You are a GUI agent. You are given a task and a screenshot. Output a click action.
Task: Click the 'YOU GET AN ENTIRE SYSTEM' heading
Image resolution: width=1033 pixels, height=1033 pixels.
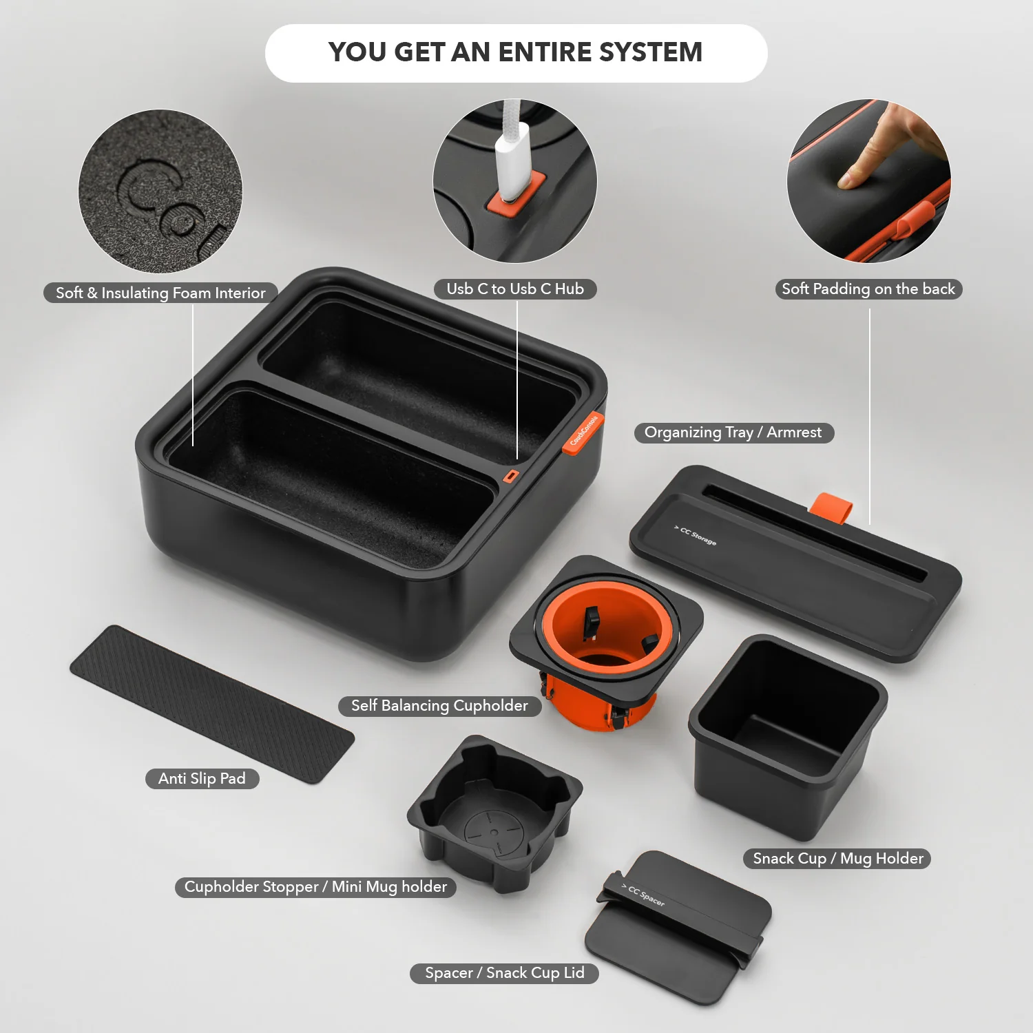(515, 52)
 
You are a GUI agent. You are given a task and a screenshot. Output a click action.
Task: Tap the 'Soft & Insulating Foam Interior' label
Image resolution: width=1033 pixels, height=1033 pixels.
(160, 293)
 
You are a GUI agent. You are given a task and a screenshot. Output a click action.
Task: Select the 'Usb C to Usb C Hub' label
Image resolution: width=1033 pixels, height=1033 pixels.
(515, 289)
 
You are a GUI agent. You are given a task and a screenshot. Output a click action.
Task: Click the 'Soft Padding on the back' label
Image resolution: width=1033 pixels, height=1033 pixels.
(868, 289)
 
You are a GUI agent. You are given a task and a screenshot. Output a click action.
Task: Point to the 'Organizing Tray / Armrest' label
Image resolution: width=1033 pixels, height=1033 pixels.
(733, 432)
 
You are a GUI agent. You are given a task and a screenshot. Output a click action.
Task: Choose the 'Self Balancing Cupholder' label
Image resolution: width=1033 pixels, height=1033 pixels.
(439, 706)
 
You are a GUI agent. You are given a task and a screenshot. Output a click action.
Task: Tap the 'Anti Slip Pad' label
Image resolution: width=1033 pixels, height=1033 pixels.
(202, 779)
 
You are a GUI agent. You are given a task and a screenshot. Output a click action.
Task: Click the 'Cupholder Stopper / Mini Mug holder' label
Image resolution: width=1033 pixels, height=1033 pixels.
(315, 887)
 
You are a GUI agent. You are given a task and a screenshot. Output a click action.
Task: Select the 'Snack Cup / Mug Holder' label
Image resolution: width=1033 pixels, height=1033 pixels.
(837, 859)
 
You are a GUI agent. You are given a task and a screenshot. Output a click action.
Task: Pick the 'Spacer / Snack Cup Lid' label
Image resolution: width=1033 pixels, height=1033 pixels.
(504, 973)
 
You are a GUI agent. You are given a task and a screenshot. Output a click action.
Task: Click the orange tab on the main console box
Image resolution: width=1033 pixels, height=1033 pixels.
(583, 433)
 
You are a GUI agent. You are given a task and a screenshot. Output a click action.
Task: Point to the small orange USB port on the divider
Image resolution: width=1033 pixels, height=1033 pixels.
(510, 476)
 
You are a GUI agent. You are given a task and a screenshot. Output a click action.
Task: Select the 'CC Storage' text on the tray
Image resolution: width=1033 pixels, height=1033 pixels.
(696, 536)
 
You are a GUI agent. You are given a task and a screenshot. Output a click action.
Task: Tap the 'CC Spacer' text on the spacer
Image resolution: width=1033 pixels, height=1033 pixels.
(645, 895)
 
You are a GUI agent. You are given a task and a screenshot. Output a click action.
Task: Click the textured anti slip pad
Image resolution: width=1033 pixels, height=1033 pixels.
(211, 703)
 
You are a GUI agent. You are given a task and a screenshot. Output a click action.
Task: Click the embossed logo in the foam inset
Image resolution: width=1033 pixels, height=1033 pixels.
(165, 200)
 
